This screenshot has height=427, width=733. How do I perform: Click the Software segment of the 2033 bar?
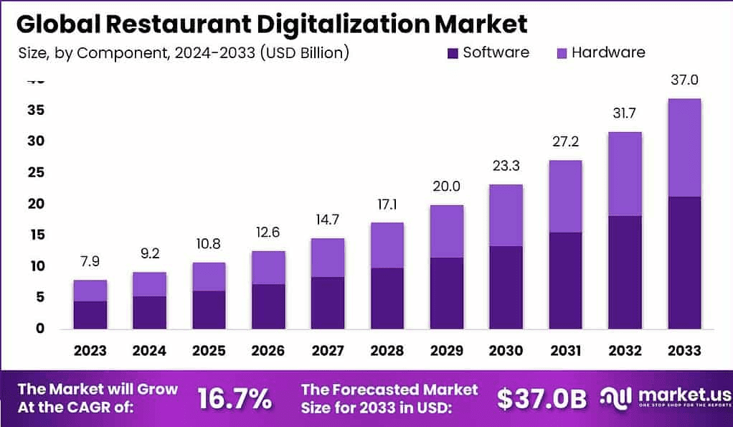(x=684, y=262)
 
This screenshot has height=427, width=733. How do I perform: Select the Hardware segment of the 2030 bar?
(x=506, y=215)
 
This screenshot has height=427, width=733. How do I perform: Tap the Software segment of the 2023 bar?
(x=90, y=314)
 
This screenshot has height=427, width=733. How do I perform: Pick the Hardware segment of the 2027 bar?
(x=327, y=258)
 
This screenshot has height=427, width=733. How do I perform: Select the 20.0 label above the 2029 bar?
(x=446, y=187)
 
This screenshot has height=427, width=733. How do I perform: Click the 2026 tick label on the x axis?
(x=268, y=350)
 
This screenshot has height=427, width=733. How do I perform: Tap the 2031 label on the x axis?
(x=564, y=350)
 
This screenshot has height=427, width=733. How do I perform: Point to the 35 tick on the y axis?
(x=37, y=111)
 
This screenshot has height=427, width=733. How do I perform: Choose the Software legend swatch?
(x=453, y=53)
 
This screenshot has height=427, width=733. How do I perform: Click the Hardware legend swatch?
(x=562, y=53)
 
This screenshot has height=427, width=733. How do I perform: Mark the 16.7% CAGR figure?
(x=235, y=398)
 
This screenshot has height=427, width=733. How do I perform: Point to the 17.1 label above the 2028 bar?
(x=387, y=205)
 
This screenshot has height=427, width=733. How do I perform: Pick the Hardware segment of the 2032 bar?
(x=624, y=174)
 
